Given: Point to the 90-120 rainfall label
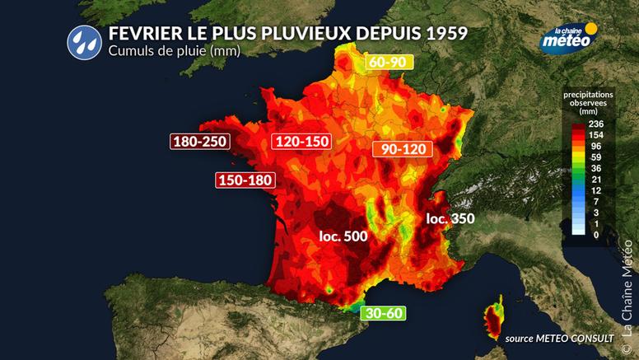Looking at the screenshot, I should click(403, 150).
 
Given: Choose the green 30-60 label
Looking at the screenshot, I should click(383, 312).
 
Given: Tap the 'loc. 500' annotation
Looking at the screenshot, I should click(343, 236).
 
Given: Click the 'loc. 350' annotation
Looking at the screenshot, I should click(449, 219).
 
